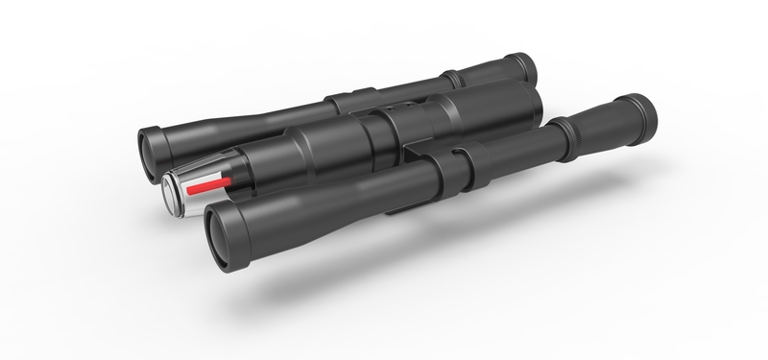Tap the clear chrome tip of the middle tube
point(178,190)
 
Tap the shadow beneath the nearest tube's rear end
point(614,178)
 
